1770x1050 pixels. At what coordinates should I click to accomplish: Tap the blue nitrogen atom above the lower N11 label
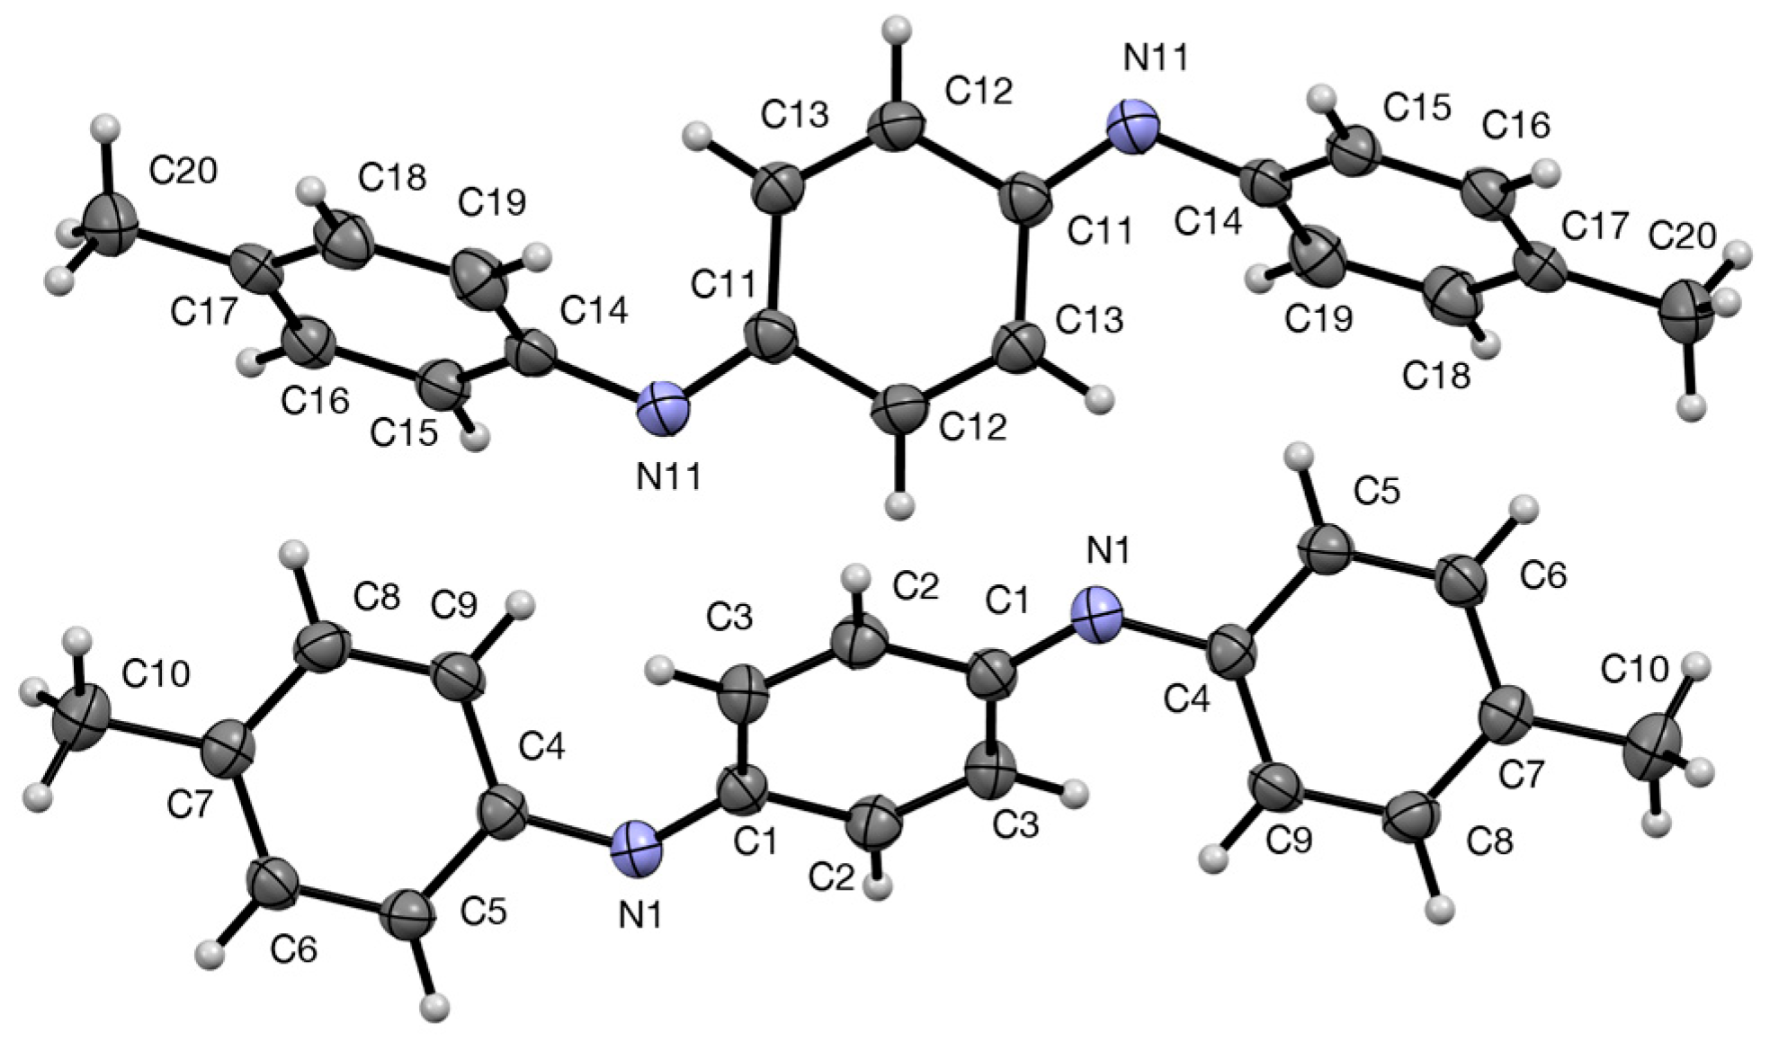point(663,412)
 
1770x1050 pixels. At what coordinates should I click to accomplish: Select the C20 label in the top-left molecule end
point(183,171)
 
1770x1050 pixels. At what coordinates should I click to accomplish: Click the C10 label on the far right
point(1634,669)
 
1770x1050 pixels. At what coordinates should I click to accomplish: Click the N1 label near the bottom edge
point(639,916)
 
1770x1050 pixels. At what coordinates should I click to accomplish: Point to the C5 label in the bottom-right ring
point(1377,492)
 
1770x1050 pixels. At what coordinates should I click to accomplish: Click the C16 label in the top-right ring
point(1516,125)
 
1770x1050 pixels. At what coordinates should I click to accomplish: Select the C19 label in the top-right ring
point(1319,318)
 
